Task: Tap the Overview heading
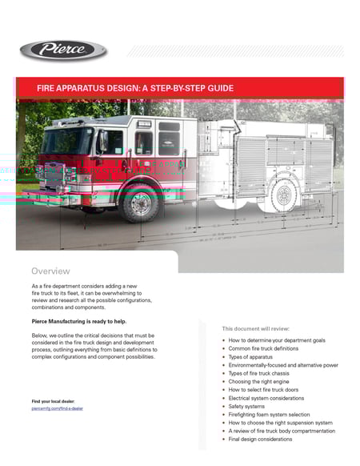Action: (50, 271)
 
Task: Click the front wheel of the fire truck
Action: (142, 203)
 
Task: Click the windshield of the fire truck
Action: (68, 142)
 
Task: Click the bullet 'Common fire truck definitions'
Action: (263, 349)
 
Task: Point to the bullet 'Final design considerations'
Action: (260, 439)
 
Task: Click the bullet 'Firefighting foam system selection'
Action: (271, 414)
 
